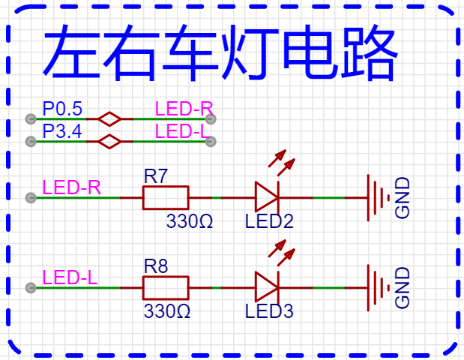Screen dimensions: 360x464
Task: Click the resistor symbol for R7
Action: [x=165, y=198]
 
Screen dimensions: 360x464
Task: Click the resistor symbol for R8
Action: [x=165, y=287]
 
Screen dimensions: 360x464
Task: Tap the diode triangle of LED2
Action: [x=266, y=198]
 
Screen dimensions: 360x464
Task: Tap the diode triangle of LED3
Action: [x=266, y=287]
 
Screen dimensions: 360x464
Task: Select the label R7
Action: [x=156, y=178]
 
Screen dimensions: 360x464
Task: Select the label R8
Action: [x=156, y=266]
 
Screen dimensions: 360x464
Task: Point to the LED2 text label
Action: [x=269, y=222]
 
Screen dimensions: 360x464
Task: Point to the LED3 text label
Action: [x=269, y=310]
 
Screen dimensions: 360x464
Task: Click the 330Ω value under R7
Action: [x=190, y=222]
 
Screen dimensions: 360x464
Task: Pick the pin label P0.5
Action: [x=62, y=108]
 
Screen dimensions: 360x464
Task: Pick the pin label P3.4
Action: [x=62, y=132]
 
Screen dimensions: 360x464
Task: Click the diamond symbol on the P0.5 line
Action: [x=110, y=118]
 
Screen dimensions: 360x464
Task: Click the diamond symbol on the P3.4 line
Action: [x=110, y=141]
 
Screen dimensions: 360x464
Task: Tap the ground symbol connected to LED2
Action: [x=378, y=198]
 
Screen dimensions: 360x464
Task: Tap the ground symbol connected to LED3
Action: [x=378, y=287]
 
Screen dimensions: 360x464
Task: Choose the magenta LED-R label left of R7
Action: [x=71, y=187]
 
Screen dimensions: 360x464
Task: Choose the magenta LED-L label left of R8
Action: [x=70, y=277]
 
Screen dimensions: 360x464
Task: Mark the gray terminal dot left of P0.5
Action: [x=31, y=118]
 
